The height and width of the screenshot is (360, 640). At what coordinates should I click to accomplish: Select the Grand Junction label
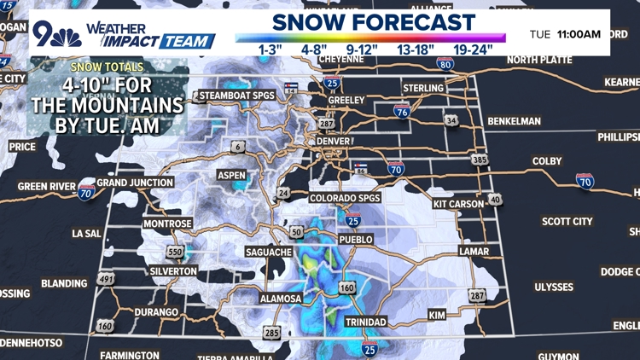[135, 183]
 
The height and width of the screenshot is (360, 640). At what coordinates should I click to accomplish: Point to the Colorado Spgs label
[345, 198]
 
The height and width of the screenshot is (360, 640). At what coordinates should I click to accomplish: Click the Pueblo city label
[357, 240]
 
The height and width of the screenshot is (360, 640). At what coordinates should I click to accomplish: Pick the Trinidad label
[366, 322]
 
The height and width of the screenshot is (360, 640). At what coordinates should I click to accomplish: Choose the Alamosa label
[282, 299]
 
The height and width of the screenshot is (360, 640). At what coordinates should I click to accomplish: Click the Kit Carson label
[459, 205]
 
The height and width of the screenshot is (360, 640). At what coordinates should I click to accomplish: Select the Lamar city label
[474, 252]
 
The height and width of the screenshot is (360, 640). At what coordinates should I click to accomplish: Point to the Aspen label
[231, 176]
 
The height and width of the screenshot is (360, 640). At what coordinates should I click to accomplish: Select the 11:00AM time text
[579, 34]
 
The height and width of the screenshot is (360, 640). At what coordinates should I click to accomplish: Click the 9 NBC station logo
[57, 33]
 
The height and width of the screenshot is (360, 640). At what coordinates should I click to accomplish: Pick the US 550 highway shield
[176, 253]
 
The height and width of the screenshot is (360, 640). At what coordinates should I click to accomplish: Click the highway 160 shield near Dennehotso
[105, 326]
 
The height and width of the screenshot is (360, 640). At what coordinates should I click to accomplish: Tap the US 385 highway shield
[480, 160]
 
